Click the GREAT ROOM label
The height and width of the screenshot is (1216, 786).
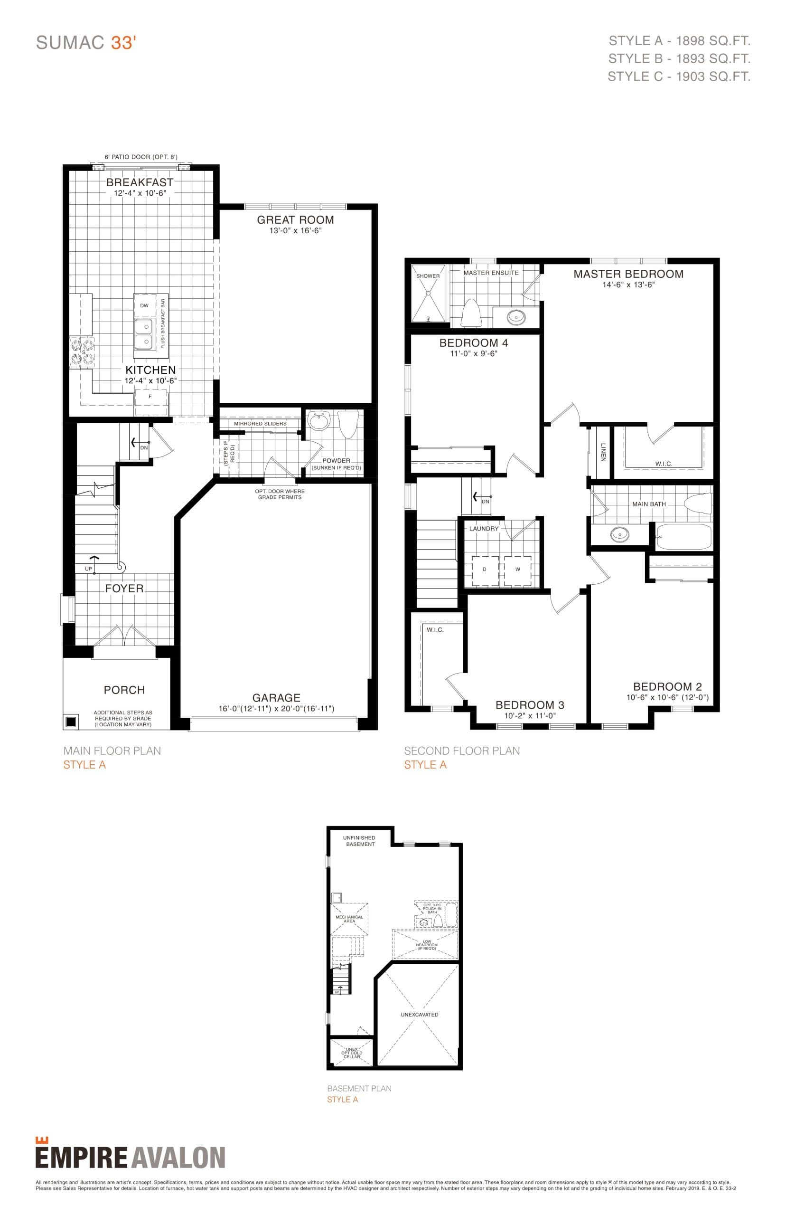coord(295,220)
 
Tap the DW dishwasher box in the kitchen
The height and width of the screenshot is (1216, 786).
coord(144,306)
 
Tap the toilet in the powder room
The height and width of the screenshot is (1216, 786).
coord(348,424)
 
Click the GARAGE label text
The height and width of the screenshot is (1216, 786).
coord(276,698)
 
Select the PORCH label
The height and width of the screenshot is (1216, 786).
coord(124,690)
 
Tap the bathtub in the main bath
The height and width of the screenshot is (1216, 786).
coord(683,536)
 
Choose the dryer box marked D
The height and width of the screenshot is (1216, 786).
coord(484,570)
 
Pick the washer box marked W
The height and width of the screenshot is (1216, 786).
coord(517,570)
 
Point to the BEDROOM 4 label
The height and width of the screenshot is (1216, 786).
coord(473,342)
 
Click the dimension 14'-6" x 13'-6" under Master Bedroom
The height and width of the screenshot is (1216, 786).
coord(628,285)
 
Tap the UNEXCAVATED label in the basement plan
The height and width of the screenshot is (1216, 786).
coord(419,1015)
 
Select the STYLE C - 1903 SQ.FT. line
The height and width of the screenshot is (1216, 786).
coord(678,76)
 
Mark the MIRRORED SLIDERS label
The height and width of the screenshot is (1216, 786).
coord(260,424)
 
